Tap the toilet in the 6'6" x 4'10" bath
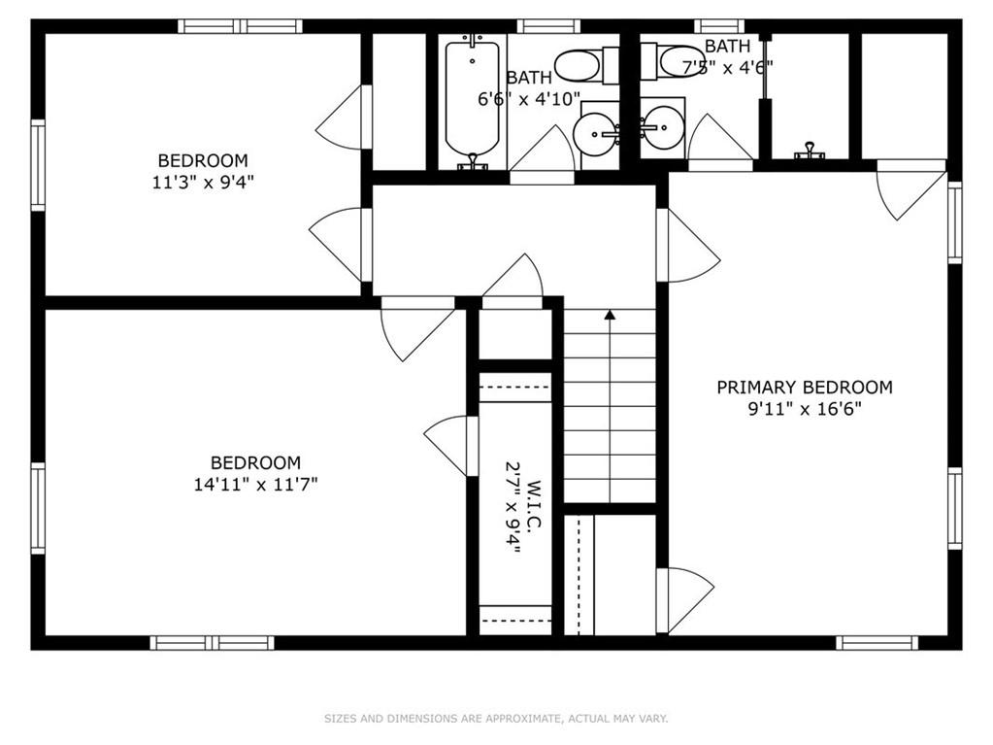[x=586, y=65]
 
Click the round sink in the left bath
[x=594, y=134]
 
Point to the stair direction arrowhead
[x=610, y=314]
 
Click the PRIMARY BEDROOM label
[x=805, y=388]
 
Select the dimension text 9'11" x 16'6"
[x=805, y=409]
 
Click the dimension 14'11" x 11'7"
[x=255, y=485]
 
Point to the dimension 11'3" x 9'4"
[x=203, y=183]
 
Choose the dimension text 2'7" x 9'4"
[x=513, y=507]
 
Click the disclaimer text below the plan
[x=496, y=719]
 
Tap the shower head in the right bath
[x=810, y=151]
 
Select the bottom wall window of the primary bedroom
[x=877, y=643]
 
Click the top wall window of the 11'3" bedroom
[x=240, y=26]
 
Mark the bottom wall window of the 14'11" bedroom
[x=213, y=643]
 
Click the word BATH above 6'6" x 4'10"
[x=529, y=78]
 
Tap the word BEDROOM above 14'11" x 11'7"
[x=255, y=462]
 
